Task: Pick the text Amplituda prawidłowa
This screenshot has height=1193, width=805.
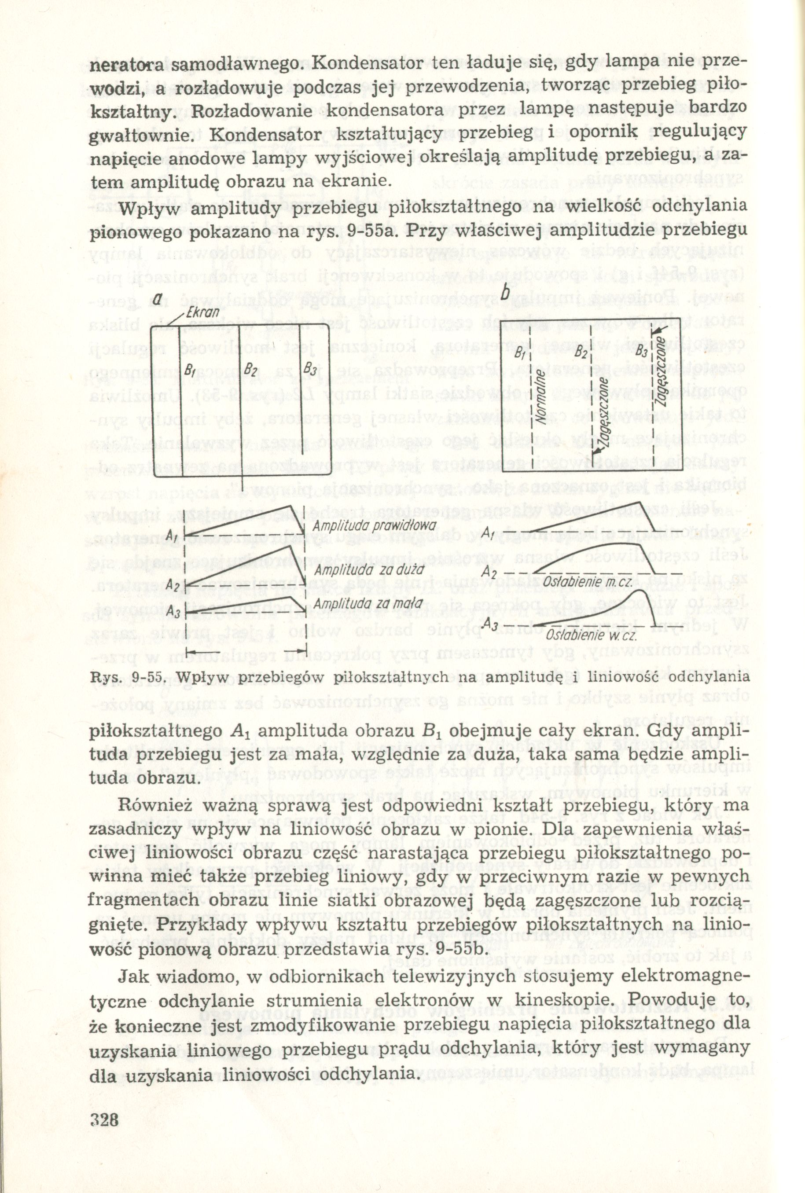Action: (374, 526)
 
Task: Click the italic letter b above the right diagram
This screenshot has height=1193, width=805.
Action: (505, 294)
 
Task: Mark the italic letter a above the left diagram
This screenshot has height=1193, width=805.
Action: (158, 298)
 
